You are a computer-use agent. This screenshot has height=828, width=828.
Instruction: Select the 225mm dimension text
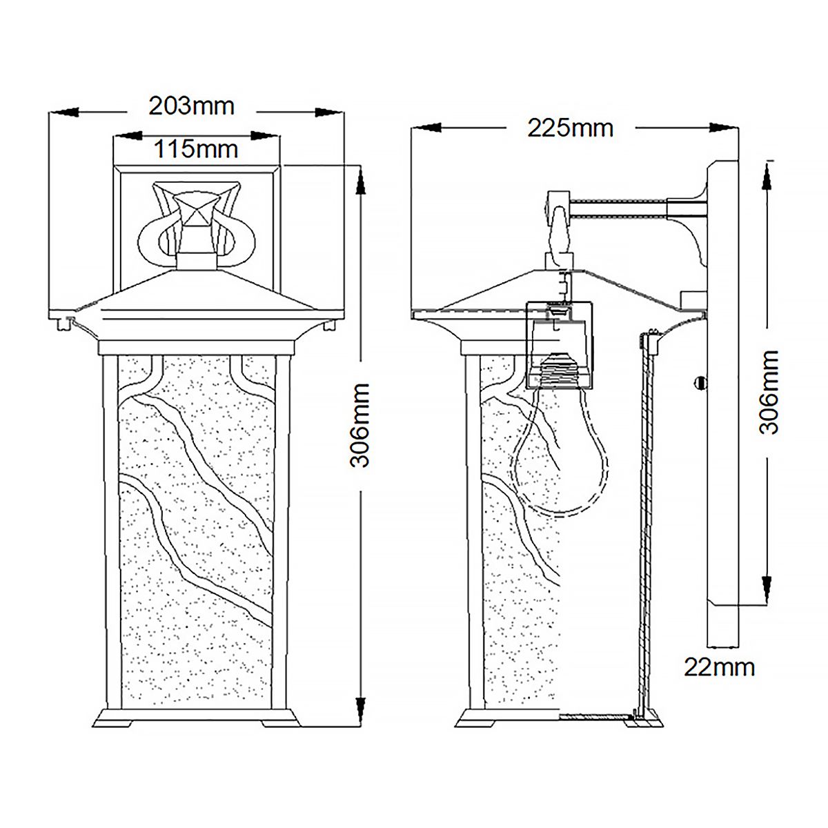[570, 128]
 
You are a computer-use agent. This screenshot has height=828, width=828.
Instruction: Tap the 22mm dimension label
[719, 667]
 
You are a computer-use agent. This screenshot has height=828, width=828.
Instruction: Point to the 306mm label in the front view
[361, 425]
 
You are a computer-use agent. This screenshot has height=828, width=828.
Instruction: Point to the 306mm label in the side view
[769, 391]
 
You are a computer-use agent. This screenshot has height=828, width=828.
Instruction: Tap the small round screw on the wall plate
[701, 381]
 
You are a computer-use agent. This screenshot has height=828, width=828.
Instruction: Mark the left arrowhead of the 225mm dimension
[426, 128]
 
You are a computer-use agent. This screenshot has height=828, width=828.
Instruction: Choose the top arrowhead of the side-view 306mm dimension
[768, 178]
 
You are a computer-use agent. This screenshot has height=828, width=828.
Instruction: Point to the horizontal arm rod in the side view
[618, 209]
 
